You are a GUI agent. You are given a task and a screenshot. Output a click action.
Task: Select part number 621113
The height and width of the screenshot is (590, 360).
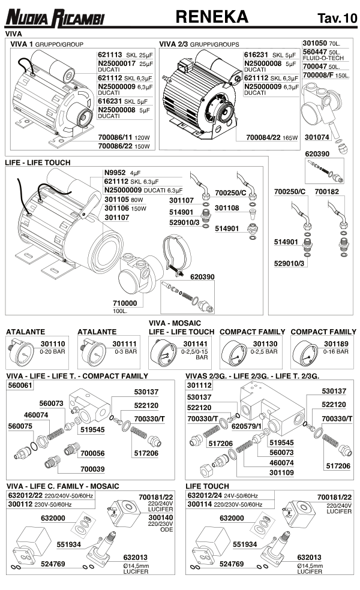110,55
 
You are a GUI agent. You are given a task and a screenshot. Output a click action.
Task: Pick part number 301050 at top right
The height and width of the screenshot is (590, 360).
315,44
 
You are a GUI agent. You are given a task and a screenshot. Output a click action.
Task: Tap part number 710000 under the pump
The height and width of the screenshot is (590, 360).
125,303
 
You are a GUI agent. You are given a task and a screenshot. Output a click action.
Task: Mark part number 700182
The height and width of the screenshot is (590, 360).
327,192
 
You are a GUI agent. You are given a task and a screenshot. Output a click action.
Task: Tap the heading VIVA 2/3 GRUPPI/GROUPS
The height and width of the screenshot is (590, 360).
199,44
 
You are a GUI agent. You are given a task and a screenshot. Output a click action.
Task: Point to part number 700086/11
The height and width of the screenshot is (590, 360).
114,137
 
